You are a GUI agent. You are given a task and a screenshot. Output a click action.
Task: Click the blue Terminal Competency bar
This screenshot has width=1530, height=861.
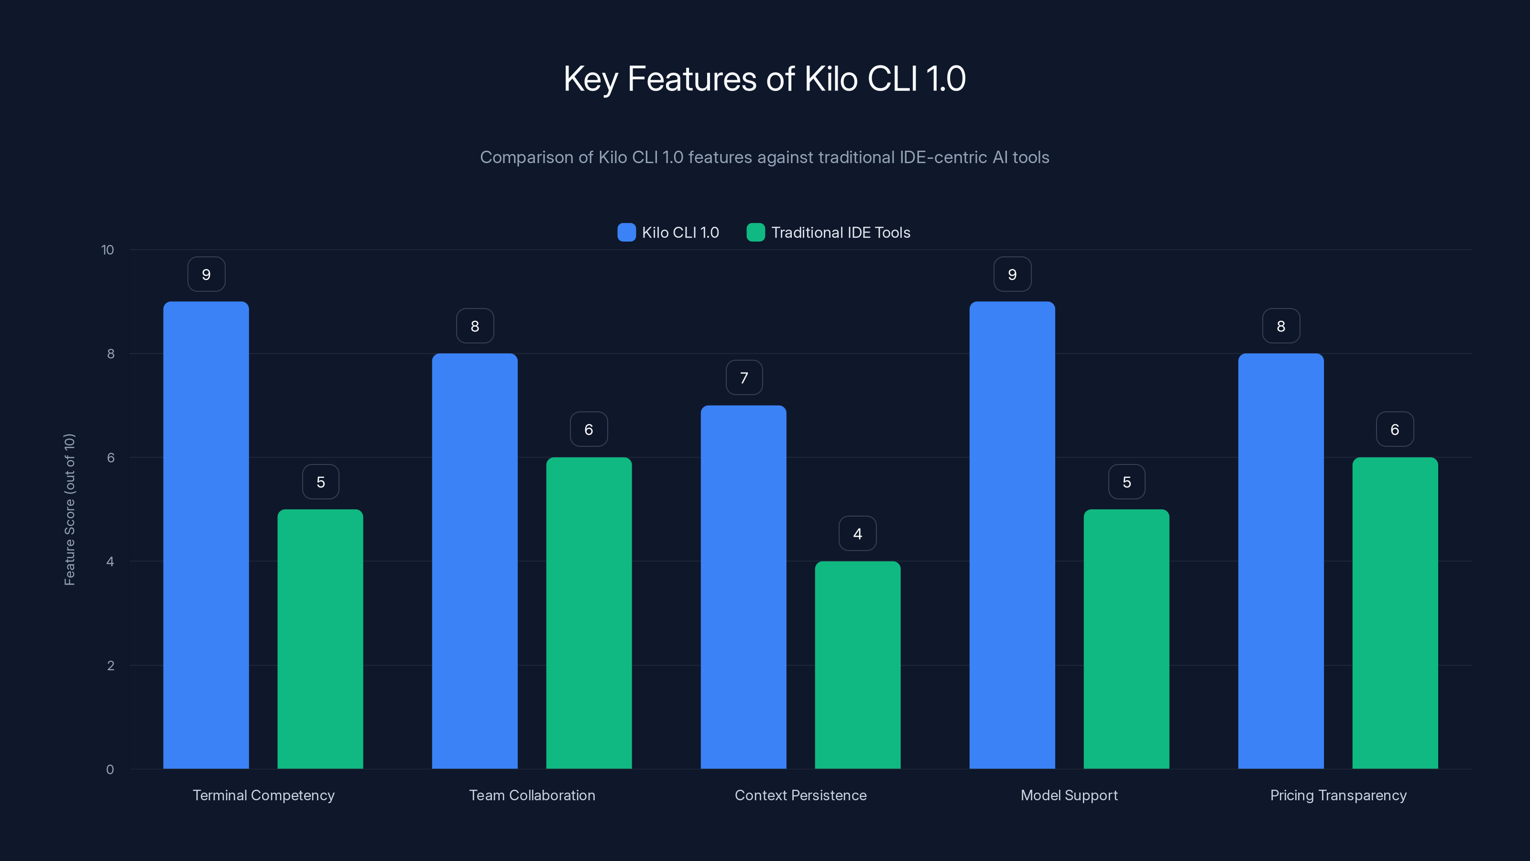click(x=206, y=535)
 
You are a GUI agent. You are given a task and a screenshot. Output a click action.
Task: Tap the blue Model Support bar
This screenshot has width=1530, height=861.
click(x=1012, y=535)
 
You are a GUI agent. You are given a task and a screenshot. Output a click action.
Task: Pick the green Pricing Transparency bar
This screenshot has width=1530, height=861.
click(x=1395, y=612)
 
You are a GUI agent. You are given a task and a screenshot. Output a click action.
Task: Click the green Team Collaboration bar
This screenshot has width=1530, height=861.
click(x=589, y=612)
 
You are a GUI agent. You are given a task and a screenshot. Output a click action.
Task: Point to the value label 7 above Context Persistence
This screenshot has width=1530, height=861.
click(x=743, y=378)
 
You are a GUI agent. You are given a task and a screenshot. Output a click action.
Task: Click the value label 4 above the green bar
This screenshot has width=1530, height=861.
click(x=857, y=534)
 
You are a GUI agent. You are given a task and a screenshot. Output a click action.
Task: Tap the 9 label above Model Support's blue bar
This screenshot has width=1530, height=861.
click(x=1012, y=275)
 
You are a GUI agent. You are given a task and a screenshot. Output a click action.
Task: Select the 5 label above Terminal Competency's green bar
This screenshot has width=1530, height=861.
click(x=320, y=482)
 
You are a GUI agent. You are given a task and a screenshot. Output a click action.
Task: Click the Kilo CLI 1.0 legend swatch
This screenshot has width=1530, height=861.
click(x=627, y=232)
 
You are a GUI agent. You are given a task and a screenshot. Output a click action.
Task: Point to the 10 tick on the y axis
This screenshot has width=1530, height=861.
click(x=108, y=250)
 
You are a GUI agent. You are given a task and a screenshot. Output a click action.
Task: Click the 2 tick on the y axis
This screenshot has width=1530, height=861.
click(x=110, y=665)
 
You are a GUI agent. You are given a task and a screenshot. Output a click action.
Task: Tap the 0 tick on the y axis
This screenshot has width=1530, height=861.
click(x=110, y=770)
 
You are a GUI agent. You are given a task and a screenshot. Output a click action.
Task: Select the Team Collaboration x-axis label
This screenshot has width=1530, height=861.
click(x=532, y=795)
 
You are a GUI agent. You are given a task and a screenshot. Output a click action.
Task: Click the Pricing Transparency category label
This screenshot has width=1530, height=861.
click(x=1338, y=795)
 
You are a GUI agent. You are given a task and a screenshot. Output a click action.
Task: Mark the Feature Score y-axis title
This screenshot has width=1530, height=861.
click(x=69, y=509)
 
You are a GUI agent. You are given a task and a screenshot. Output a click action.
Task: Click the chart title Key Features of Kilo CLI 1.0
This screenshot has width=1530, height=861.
click(x=765, y=78)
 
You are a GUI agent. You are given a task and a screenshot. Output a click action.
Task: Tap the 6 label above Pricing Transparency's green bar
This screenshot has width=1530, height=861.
click(x=1395, y=430)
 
